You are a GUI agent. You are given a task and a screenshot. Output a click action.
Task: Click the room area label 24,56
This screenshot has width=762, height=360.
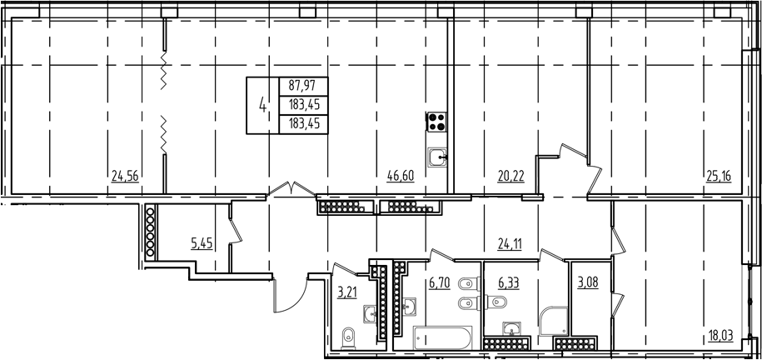tap(124, 175)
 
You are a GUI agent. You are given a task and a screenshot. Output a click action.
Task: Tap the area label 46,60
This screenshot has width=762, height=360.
tap(401, 175)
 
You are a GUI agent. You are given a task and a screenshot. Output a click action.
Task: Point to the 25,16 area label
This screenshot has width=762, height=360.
tap(718, 175)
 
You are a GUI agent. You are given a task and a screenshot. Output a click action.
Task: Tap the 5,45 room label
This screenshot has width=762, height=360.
tap(203, 244)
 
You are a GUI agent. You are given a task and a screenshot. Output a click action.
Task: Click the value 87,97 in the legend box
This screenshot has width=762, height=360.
tap(303, 85)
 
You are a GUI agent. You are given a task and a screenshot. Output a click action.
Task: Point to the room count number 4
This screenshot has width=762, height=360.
tap(264, 105)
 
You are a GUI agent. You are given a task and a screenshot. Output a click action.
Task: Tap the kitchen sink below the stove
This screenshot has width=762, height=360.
tap(438, 156)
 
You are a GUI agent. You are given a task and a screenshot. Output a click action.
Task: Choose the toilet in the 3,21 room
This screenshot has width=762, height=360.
tap(350, 337)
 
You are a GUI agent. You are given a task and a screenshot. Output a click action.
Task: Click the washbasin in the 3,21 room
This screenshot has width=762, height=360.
tap(368, 314)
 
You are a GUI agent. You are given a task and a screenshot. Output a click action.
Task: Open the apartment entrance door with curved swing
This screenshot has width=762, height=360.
tap(289, 293)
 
